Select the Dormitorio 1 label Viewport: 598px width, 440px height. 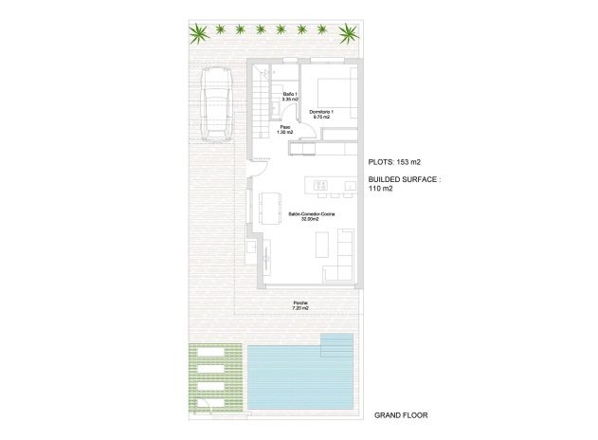pos(323,116)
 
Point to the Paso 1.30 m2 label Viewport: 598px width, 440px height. pos(284,130)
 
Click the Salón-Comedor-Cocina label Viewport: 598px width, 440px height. pos(312,216)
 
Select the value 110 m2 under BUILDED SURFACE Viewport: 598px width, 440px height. pos(380,189)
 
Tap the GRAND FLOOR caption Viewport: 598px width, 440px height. pos(402,415)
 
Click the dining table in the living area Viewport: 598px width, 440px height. pos(270,206)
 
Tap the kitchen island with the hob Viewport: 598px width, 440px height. pos(319,183)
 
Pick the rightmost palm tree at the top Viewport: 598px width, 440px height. pos(349,35)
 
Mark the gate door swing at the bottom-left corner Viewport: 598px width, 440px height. pos(201,405)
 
